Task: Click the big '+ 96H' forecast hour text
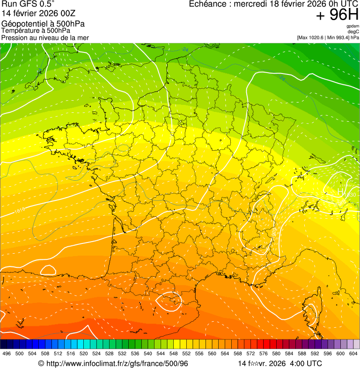337,15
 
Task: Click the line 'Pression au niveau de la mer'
45,37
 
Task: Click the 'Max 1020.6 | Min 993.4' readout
328,37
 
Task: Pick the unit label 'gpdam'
353,26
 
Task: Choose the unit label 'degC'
353,32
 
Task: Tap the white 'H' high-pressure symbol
340,191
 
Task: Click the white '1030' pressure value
351,195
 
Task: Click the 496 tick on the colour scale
7,353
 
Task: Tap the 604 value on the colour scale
353,353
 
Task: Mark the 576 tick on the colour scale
264,353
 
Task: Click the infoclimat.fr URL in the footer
113,363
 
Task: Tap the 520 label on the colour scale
84,353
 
